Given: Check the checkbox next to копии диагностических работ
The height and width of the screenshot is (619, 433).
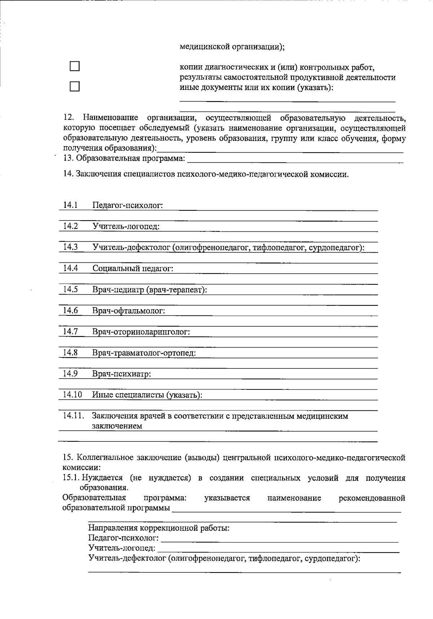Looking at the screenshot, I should point(74,66).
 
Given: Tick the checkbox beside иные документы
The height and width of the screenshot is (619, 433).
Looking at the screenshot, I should point(74,87).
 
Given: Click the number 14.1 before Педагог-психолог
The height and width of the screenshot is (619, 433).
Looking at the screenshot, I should point(70,205).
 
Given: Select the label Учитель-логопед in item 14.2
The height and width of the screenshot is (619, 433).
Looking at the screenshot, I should point(126,226).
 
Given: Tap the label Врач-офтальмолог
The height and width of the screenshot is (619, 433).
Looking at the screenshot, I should point(128,311).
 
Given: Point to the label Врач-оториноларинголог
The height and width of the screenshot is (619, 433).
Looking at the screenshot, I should point(141,332).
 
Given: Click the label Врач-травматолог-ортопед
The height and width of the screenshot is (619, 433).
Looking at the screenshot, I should point(144,353).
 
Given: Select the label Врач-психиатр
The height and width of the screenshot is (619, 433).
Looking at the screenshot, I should point(122,374).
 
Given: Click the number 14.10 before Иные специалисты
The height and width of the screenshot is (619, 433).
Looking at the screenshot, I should point(72,394).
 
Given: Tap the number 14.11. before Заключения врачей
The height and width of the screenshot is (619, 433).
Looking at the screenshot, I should point(74,415).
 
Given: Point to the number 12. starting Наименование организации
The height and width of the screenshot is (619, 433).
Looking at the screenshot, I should point(69,118).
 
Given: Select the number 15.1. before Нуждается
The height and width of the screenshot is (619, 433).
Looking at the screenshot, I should point(71,478).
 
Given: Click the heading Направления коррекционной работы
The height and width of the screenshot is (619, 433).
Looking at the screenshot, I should point(159,528).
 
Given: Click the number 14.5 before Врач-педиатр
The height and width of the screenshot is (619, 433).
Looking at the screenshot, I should point(70,289).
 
